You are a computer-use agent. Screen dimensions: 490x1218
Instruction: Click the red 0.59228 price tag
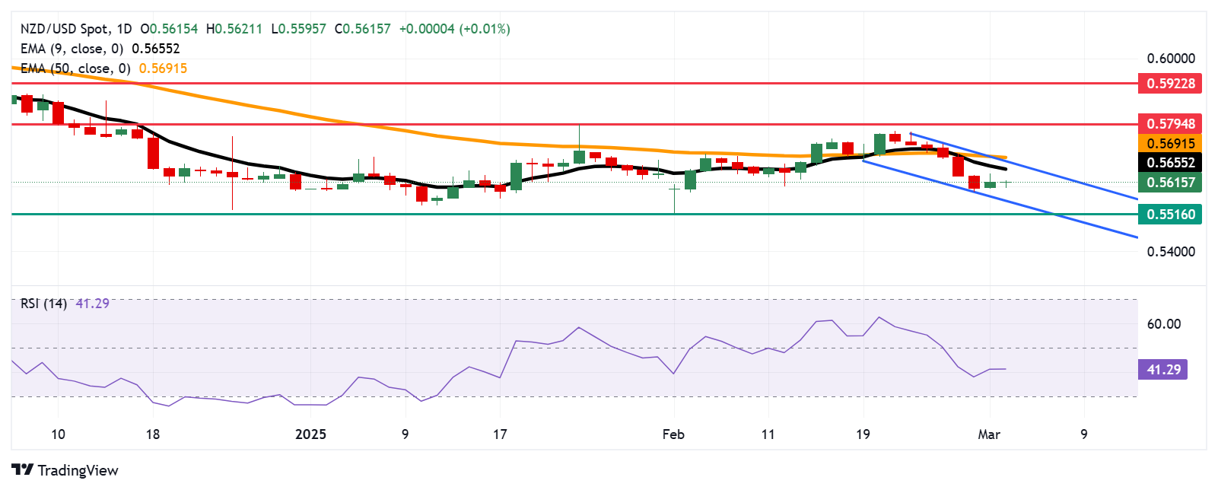[x=1170, y=83]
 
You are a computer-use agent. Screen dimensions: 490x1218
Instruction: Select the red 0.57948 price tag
[x=1170, y=123]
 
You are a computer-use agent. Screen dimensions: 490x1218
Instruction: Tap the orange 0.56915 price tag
[x=1170, y=143]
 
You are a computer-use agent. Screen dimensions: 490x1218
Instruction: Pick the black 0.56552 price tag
[x=1170, y=162]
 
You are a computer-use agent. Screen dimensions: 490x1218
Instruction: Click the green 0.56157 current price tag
[x=1170, y=182]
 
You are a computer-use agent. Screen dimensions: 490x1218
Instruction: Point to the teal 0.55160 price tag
[x=1170, y=214]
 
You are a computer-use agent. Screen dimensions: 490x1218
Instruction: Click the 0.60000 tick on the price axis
[x=1170, y=59]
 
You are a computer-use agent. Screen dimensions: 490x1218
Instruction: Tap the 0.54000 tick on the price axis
[x=1170, y=251]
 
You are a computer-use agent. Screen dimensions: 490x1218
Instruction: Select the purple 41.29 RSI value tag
[x=1162, y=370]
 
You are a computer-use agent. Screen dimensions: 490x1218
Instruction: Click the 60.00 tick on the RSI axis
[x=1163, y=324]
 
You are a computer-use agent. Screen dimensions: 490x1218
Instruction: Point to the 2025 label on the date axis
[x=310, y=434]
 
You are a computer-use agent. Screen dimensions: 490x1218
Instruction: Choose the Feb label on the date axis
[x=673, y=434]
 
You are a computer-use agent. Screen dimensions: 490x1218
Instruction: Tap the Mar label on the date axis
[x=988, y=434]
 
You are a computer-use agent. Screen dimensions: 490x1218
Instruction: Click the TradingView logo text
[x=65, y=470]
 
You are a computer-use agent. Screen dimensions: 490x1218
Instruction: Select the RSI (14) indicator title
[x=43, y=304]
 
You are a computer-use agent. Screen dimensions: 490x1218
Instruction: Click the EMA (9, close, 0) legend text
[x=72, y=49]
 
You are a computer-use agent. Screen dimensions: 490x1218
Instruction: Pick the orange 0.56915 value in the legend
[x=163, y=68]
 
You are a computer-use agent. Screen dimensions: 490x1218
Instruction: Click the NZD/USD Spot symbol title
[x=65, y=29]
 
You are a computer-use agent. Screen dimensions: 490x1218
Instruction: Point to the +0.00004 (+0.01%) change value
[x=454, y=29]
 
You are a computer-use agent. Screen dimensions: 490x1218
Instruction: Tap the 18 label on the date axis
[x=153, y=434]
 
